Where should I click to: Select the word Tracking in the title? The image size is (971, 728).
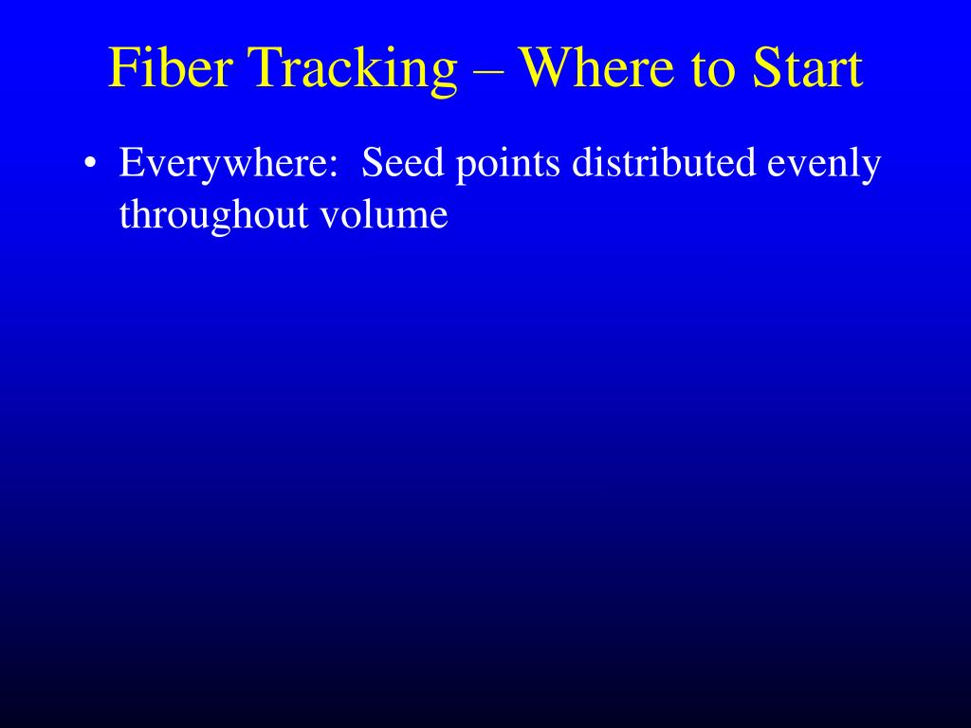click(x=352, y=70)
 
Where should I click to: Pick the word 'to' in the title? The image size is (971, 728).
click(x=713, y=69)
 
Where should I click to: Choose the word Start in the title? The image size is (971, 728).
click(x=807, y=67)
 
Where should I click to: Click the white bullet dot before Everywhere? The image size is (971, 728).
click(x=90, y=163)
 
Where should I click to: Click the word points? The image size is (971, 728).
click(x=508, y=165)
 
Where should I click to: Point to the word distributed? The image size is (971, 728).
click(x=664, y=162)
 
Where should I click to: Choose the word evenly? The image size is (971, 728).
click(x=824, y=165)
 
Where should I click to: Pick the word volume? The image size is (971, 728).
click(x=384, y=214)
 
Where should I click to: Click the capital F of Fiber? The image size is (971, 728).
click(x=121, y=67)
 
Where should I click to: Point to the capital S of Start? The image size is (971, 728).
click(x=765, y=67)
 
